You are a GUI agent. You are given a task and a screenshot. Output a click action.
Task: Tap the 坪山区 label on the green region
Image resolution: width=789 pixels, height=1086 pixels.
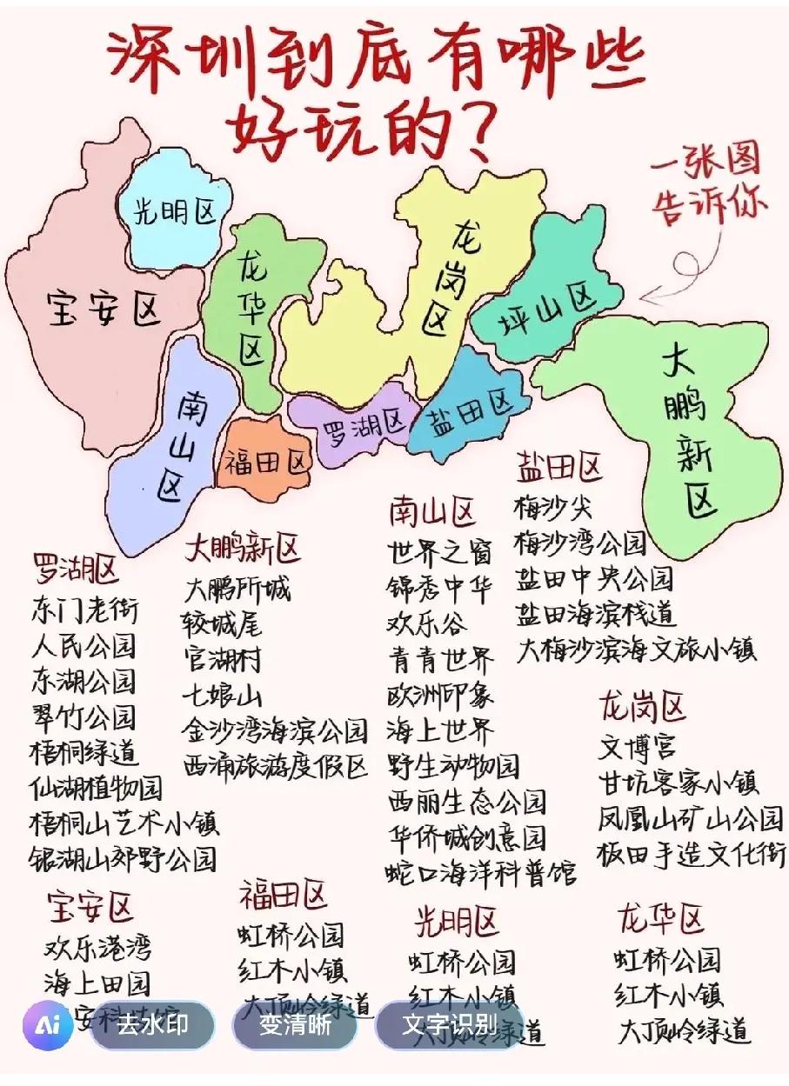click(x=548, y=311)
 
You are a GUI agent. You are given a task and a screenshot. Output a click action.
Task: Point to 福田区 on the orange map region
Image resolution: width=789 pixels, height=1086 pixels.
click(x=265, y=462)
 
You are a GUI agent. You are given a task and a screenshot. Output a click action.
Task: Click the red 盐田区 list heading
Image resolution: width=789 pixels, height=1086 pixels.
click(x=558, y=467)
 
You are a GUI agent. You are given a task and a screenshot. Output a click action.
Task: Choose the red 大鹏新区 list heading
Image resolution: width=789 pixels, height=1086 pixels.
click(x=242, y=550)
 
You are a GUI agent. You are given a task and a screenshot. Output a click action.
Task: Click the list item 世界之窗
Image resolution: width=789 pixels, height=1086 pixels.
click(x=439, y=551)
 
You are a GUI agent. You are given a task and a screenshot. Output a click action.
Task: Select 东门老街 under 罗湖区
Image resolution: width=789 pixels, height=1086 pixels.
click(x=84, y=609)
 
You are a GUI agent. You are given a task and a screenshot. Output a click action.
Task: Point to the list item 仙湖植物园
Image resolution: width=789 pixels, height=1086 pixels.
click(x=96, y=787)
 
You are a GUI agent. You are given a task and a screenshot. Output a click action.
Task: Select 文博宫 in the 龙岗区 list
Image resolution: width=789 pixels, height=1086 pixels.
click(x=637, y=746)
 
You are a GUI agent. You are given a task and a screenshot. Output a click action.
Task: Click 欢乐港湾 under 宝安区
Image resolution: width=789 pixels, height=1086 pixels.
click(x=97, y=947)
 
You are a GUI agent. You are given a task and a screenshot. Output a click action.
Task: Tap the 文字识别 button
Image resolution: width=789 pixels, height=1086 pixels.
click(x=449, y=1025)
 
